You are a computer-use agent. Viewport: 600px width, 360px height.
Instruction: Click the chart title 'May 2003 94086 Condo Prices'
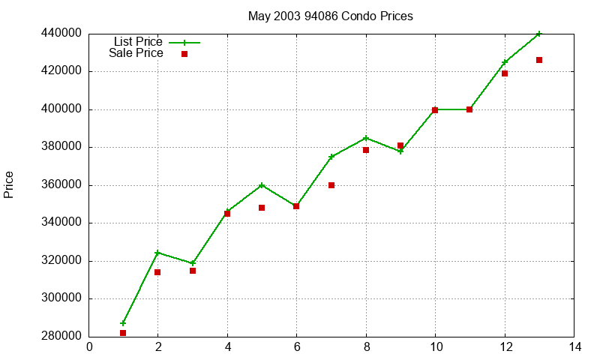point(330,16)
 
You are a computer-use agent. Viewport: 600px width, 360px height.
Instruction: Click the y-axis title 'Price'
point(9,184)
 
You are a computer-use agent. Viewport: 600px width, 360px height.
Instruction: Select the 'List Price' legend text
point(137,42)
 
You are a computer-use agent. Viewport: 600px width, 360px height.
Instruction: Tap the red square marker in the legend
point(184,54)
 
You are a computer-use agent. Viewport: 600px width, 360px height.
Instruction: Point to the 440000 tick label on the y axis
point(61,34)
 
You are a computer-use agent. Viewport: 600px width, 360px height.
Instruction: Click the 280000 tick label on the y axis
point(61,337)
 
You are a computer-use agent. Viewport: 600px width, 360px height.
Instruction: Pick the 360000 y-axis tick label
point(61,185)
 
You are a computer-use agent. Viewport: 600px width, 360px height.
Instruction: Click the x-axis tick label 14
point(574,347)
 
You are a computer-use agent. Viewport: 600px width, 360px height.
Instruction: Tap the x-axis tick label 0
point(89,347)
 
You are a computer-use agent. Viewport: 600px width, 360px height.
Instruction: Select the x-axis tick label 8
point(366,347)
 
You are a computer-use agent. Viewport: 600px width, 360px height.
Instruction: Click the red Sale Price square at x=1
point(123,333)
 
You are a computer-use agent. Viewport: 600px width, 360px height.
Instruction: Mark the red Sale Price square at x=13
point(539,60)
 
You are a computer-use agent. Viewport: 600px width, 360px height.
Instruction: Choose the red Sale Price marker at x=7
point(331,185)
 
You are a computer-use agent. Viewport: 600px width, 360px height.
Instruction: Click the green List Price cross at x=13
point(539,34)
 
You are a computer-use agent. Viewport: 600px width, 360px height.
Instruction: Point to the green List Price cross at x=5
point(262,185)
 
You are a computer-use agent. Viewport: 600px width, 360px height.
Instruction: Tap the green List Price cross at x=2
point(157,253)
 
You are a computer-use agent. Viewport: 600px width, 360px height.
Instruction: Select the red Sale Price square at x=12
point(505,73)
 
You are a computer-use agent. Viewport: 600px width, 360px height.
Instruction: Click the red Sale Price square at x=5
point(262,208)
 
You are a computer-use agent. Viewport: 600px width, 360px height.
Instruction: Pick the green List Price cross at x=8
point(366,138)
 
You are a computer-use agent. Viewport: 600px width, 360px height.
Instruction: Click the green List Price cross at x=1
point(123,323)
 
